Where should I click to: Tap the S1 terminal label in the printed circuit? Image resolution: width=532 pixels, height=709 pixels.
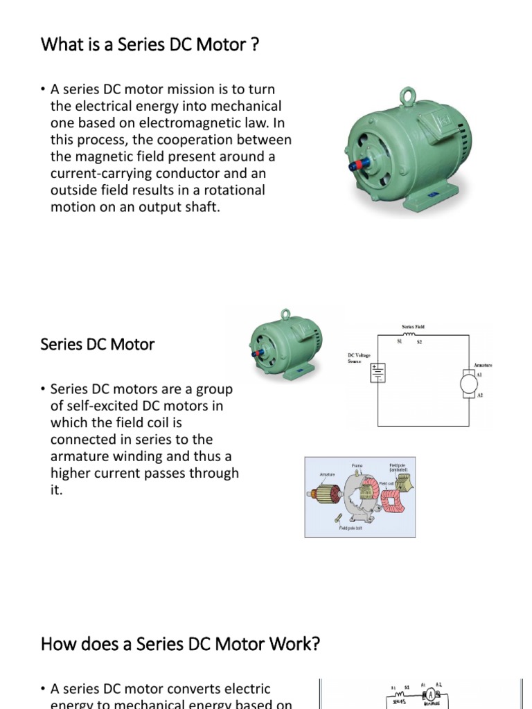point(399,341)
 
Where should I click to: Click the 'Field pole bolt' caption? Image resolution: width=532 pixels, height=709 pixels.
point(351,528)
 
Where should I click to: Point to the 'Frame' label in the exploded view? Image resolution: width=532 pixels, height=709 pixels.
point(357,466)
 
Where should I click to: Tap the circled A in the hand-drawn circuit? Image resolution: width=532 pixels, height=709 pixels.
point(429,694)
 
